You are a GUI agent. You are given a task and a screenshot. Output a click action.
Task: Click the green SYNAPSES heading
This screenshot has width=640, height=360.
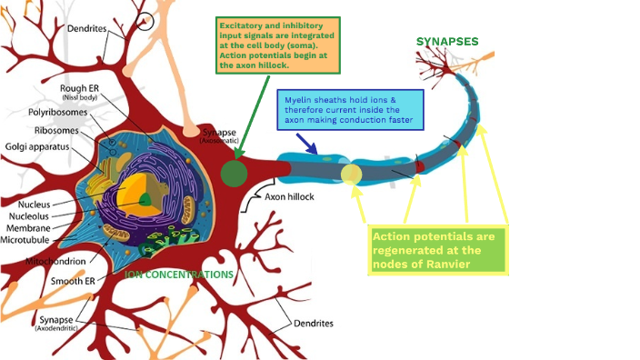pos(446,41)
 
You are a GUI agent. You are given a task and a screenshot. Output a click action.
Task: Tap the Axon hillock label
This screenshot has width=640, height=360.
pos(291,195)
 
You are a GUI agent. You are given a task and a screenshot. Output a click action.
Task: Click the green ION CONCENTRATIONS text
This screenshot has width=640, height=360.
pos(179,274)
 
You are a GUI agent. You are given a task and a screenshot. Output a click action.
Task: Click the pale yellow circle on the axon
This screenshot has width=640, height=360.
pos(351,174)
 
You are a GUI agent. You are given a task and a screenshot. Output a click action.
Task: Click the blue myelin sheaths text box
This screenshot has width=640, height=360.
pos(347,107)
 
